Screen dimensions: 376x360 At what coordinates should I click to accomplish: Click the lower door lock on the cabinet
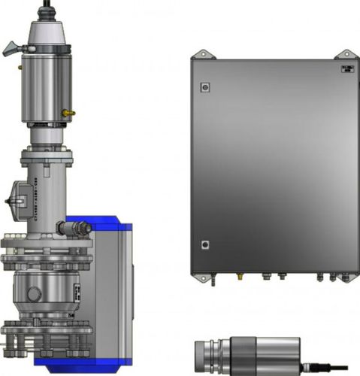pyautogui.click(x=204, y=244)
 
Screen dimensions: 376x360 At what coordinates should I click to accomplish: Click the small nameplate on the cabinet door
pyautogui.click(x=346, y=68)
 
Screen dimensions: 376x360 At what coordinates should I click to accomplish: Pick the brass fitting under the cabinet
pyautogui.click(x=240, y=277)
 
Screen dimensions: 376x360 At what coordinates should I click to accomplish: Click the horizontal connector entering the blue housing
pyautogui.click(x=79, y=226)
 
